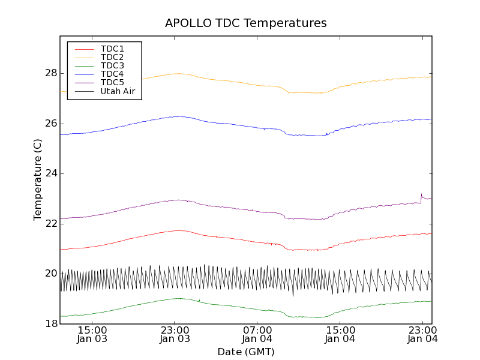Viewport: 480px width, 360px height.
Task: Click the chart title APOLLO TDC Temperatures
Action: tap(246, 23)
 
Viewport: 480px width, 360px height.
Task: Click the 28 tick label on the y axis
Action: tap(50, 73)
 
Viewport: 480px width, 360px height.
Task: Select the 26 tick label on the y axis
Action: tap(50, 124)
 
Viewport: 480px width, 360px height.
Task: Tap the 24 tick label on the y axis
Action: tap(50, 173)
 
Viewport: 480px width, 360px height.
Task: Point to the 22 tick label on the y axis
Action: tap(50, 224)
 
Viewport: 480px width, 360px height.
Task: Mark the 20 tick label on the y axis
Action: tap(50, 274)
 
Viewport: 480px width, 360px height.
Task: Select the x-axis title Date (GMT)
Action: tap(246, 352)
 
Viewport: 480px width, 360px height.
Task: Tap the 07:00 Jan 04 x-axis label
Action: tap(257, 334)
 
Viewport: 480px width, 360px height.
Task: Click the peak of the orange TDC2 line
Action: tap(179, 73)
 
